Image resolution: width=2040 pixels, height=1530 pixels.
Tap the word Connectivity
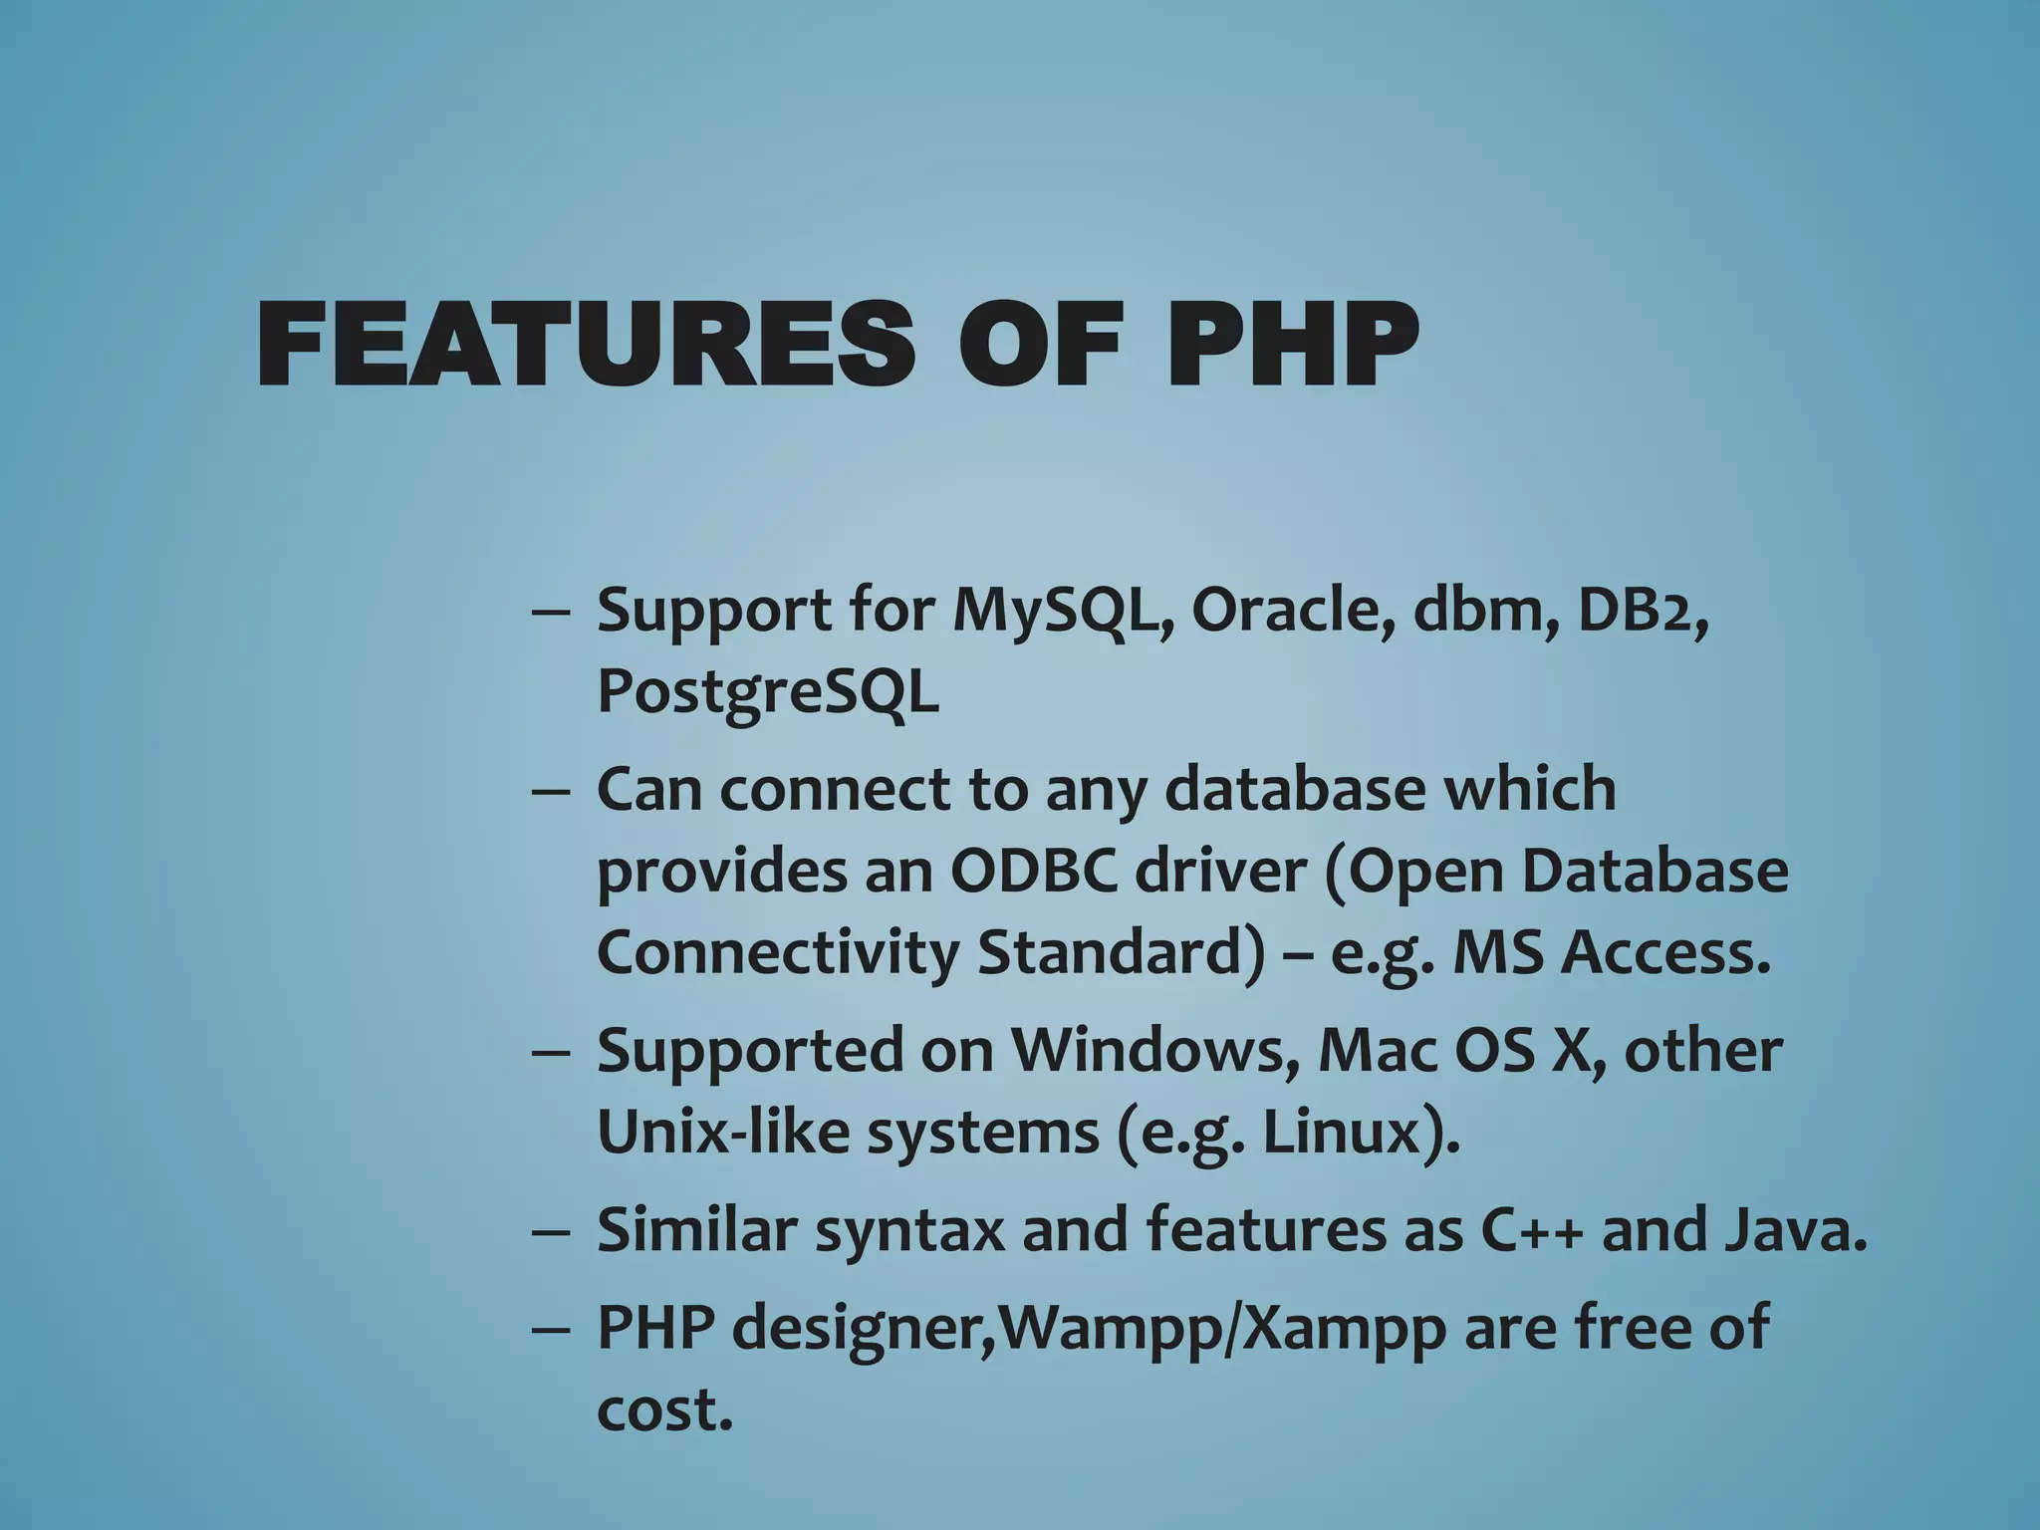[776, 953]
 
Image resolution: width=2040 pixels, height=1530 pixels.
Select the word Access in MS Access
[1665, 953]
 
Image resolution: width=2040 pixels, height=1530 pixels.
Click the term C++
[1533, 1230]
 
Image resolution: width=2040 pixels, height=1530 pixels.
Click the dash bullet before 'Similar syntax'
[551, 1232]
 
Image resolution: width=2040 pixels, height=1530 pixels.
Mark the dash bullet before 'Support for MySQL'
[551, 612]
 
